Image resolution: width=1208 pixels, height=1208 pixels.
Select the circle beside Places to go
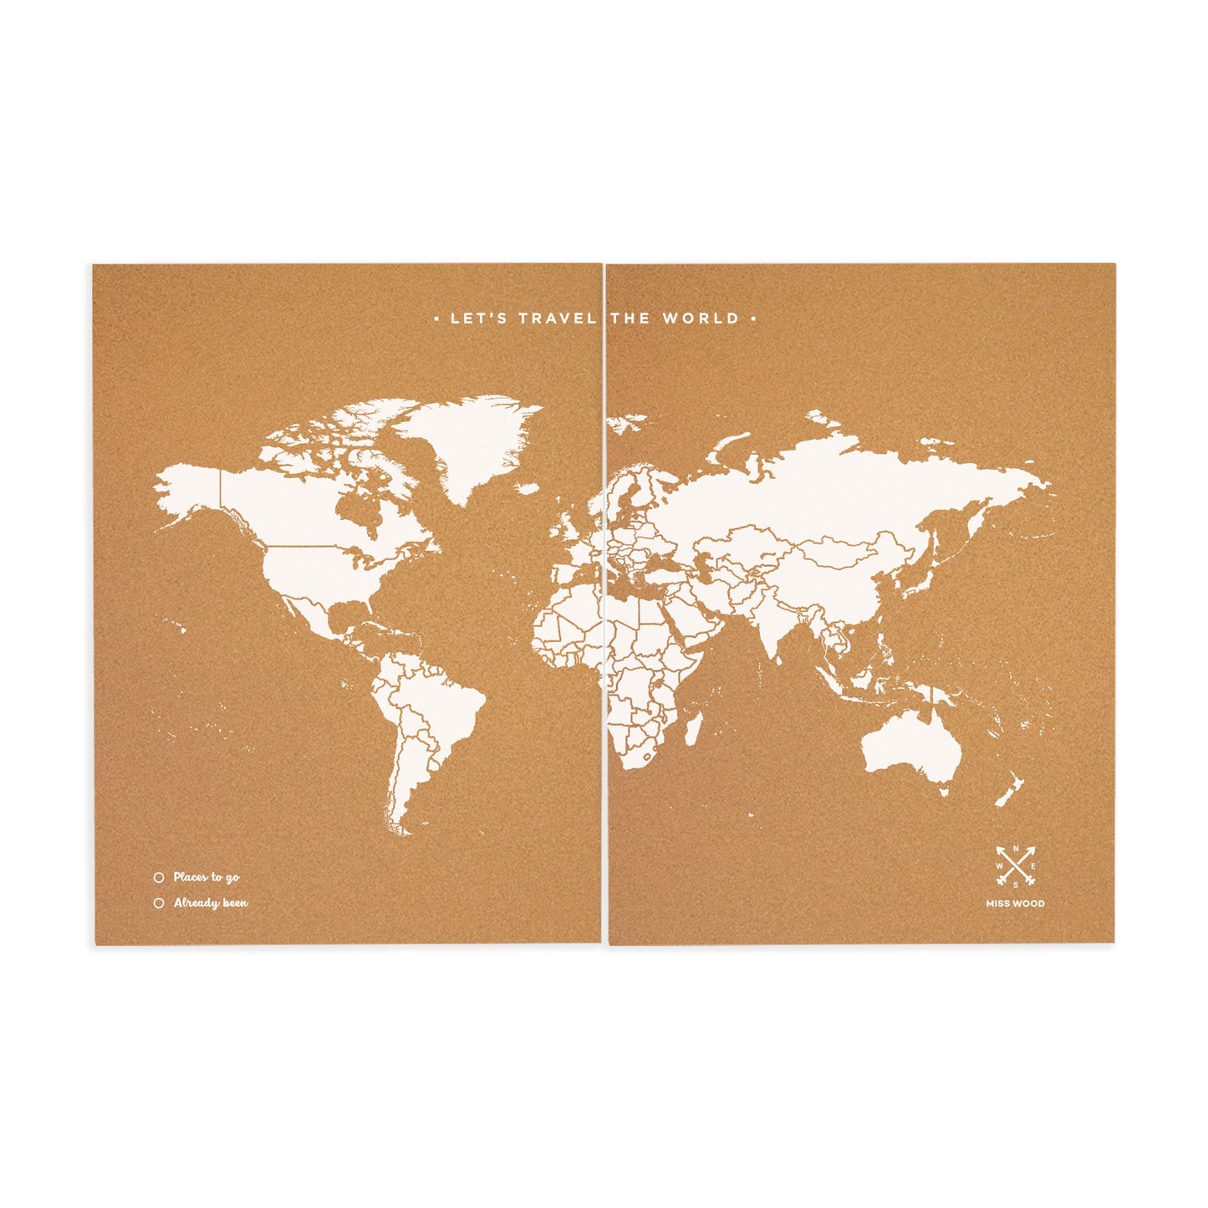click(158, 878)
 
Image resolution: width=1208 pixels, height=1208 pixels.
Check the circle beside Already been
click(158, 903)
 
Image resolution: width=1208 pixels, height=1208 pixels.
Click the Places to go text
click(206, 878)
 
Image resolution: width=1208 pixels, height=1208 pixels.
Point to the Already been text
click(211, 903)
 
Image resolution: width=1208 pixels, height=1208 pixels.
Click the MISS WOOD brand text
click(1016, 903)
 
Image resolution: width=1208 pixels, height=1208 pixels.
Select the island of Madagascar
click(693, 726)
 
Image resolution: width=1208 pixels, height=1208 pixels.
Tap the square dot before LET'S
click(438, 319)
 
